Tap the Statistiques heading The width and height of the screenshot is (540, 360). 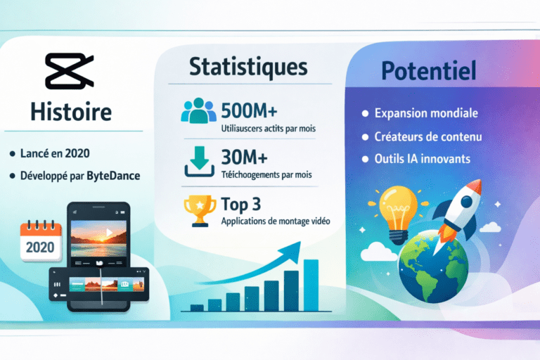tap(248, 67)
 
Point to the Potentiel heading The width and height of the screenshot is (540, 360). tap(429, 70)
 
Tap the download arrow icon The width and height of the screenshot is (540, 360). tap(198, 163)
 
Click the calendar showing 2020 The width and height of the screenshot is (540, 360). tap(41, 242)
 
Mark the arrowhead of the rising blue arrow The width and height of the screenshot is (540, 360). tap(294, 247)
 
